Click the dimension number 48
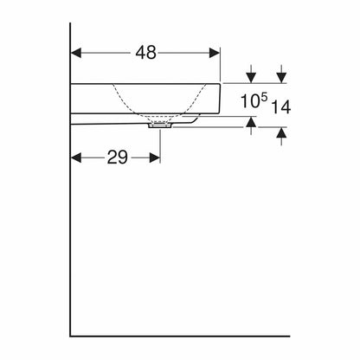[x=146, y=53]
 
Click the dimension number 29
[x=117, y=157]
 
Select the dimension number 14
[x=281, y=107]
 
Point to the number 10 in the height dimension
[x=250, y=101]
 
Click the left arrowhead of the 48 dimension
[x=76, y=53]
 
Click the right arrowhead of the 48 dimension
[x=215, y=53]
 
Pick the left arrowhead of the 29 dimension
[x=76, y=157]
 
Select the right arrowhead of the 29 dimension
[x=155, y=157]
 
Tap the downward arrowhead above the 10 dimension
[x=252, y=78]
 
